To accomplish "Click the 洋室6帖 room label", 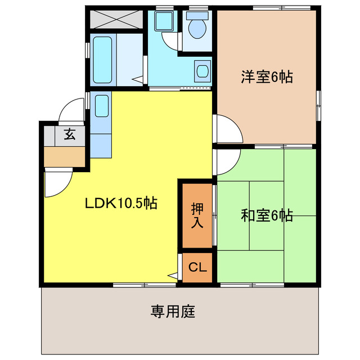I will (267, 78).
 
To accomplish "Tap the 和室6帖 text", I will (267, 215).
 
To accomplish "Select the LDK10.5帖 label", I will (120, 203).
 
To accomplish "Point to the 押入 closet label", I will (196, 215).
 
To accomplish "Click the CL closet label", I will (197, 268).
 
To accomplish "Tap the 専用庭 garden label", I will (173, 311).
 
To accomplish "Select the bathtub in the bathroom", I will (102, 60).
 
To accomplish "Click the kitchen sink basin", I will (102, 106).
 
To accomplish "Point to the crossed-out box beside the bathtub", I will (115, 20).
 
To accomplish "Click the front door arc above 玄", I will (71, 110).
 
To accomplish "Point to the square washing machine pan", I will (164, 21).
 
